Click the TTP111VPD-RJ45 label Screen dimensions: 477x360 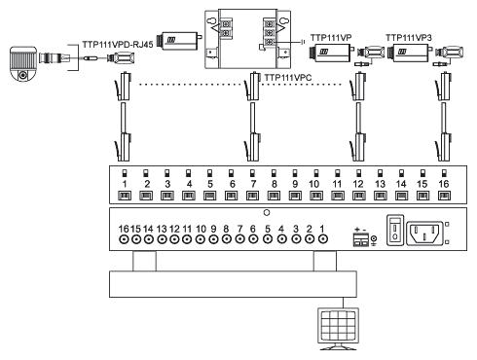click(118, 45)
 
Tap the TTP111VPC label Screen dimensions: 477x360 click(288, 78)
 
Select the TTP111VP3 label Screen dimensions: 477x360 click(409, 38)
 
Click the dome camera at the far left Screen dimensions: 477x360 click(22, 63)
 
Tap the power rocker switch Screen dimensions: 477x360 click(395, 230)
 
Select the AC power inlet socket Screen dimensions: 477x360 click(424, 233)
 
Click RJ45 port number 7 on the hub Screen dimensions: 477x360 click(252, 196)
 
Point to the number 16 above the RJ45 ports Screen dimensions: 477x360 click(444, 184)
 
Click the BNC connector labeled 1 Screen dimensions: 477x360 click(322, 239)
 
